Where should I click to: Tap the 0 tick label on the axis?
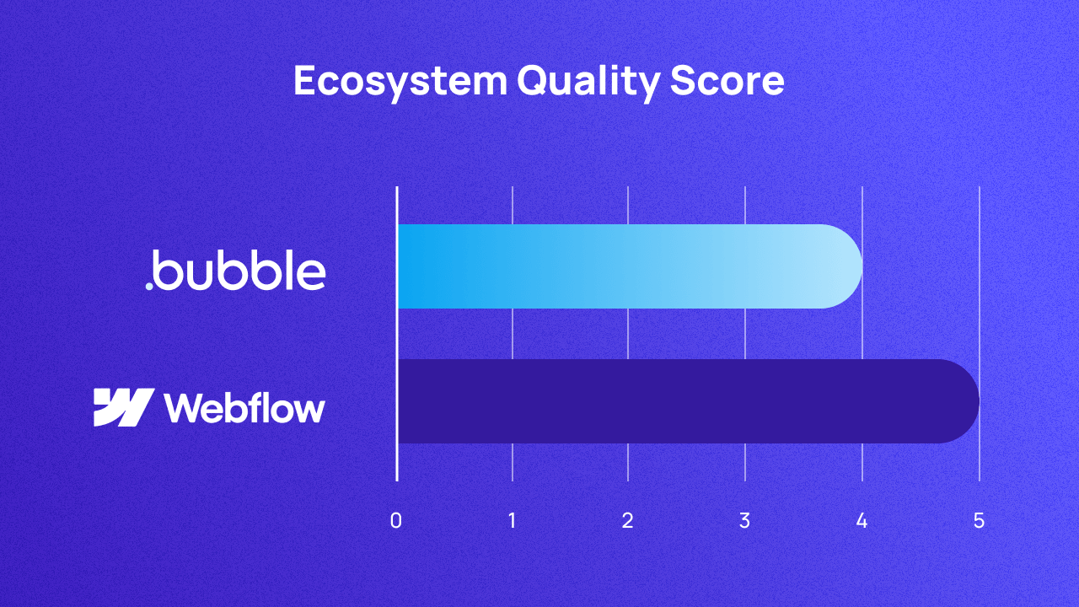point(396,521)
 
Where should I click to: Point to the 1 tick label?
point(513,521)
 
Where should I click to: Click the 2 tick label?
point(628,521)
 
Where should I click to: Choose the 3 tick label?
point(744,521)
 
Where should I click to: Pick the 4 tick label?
point(862,521)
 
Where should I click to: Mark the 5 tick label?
point(979,521)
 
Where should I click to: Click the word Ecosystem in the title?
point(400,82)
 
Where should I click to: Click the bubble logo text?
point(241,271)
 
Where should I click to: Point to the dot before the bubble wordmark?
point(149,287)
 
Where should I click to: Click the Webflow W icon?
point(123,407)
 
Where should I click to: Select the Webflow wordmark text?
point(244,408)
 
